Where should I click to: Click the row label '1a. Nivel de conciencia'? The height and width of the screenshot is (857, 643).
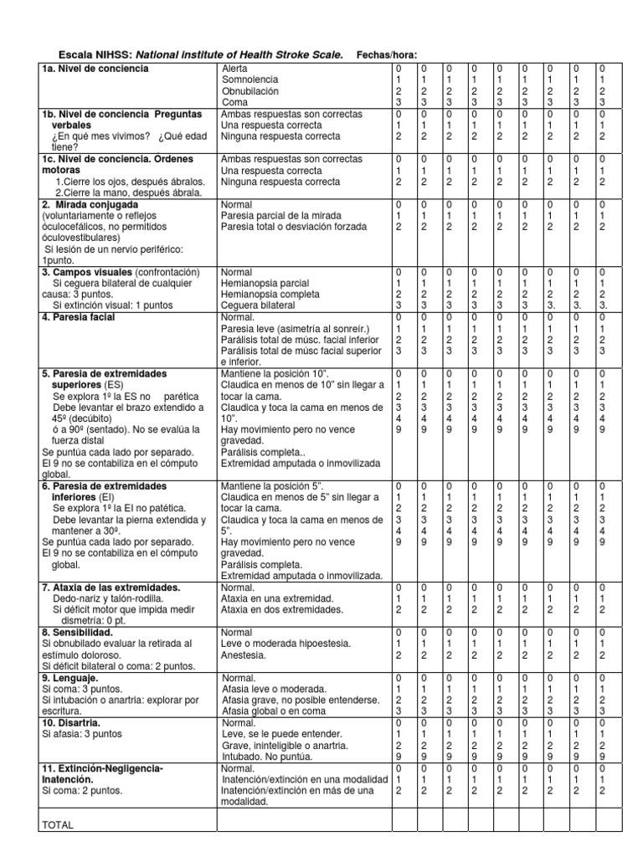(x=95, y=68)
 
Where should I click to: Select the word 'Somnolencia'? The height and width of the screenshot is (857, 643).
(x=250, y=79)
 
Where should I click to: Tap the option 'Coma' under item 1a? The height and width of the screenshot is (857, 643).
(x=234, y=101)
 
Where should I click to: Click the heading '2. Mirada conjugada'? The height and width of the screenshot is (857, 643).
(x=90, y=204)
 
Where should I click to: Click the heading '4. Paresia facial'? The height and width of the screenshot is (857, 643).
(x=79, y=317)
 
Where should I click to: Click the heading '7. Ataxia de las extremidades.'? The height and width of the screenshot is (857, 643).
(x=111, y=588)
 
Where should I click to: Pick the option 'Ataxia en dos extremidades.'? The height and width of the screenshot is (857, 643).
(x=277, y=610)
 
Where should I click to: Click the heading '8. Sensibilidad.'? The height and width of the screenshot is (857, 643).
(x=77, y=634)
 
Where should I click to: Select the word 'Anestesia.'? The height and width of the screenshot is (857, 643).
(x=243, y=655)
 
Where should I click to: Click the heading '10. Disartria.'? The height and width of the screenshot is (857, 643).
(x=71, y=722)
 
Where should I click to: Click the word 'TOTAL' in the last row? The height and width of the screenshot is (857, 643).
(x=58, y=824)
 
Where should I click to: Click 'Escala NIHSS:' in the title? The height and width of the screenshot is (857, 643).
(x=85, y=54)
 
